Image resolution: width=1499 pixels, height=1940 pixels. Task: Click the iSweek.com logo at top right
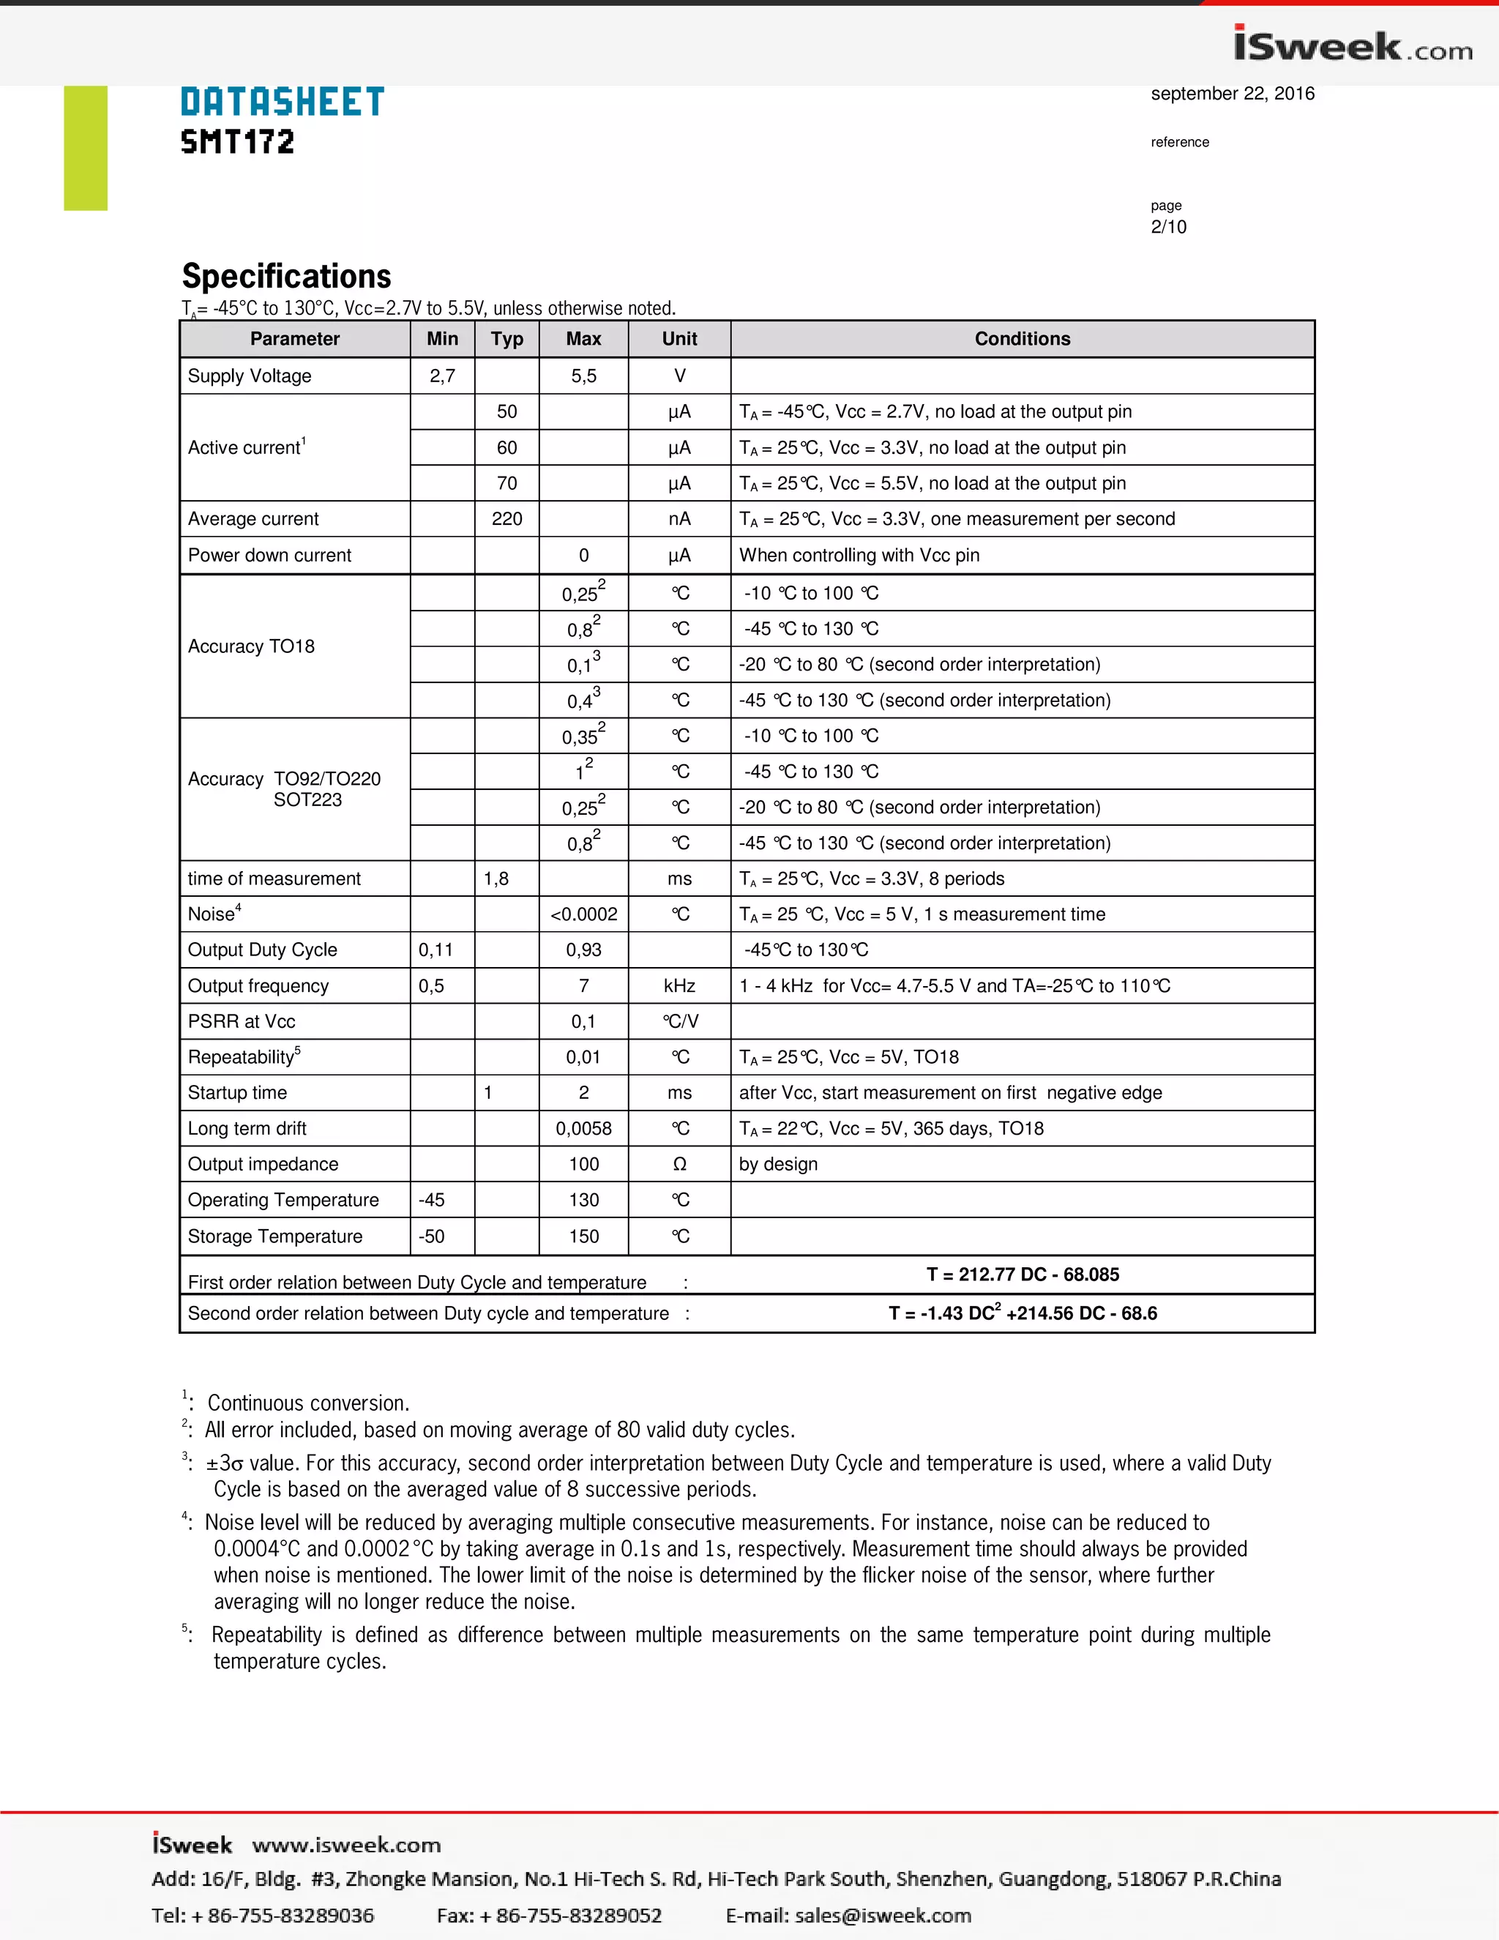tap(1353, 46)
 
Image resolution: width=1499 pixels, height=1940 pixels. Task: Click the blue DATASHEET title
tap(283, 102)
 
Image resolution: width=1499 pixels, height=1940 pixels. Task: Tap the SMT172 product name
tap(237, 142)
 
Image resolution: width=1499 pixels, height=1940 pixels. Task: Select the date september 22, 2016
tap(1232, 93)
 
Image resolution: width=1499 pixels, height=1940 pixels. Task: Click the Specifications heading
tap(286, 276)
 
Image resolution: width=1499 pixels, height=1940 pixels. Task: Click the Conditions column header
tap(1022, 338)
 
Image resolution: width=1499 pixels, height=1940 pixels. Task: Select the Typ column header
tap(506, 338)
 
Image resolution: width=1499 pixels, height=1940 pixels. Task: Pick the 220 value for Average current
tap(506, 519)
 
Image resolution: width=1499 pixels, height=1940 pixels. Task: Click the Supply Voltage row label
tap(250, 376)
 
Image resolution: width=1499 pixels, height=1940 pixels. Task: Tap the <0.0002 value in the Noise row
tap(583, 914)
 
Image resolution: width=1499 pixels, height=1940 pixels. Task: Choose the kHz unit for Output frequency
tap(679, 985)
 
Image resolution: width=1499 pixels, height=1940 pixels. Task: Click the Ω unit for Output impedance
tap(679, 1164)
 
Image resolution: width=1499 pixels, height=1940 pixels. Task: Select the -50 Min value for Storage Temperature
tap(432, 1236)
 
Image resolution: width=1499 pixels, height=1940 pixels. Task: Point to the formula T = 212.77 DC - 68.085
tap(1022, 1274)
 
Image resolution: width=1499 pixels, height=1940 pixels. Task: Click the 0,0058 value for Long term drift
tap(583, 1128)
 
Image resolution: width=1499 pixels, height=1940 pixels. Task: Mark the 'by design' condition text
tap(778, 1164)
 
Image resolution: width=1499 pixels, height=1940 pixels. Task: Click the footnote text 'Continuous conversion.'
tap(308, 1403)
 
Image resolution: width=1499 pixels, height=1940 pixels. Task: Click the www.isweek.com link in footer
tap(346, 1845)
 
